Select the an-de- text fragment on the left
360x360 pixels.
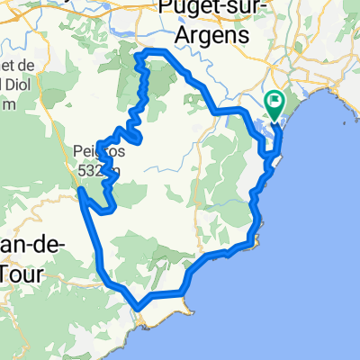[21, 246]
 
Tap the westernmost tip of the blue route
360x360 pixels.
[80, 190]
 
